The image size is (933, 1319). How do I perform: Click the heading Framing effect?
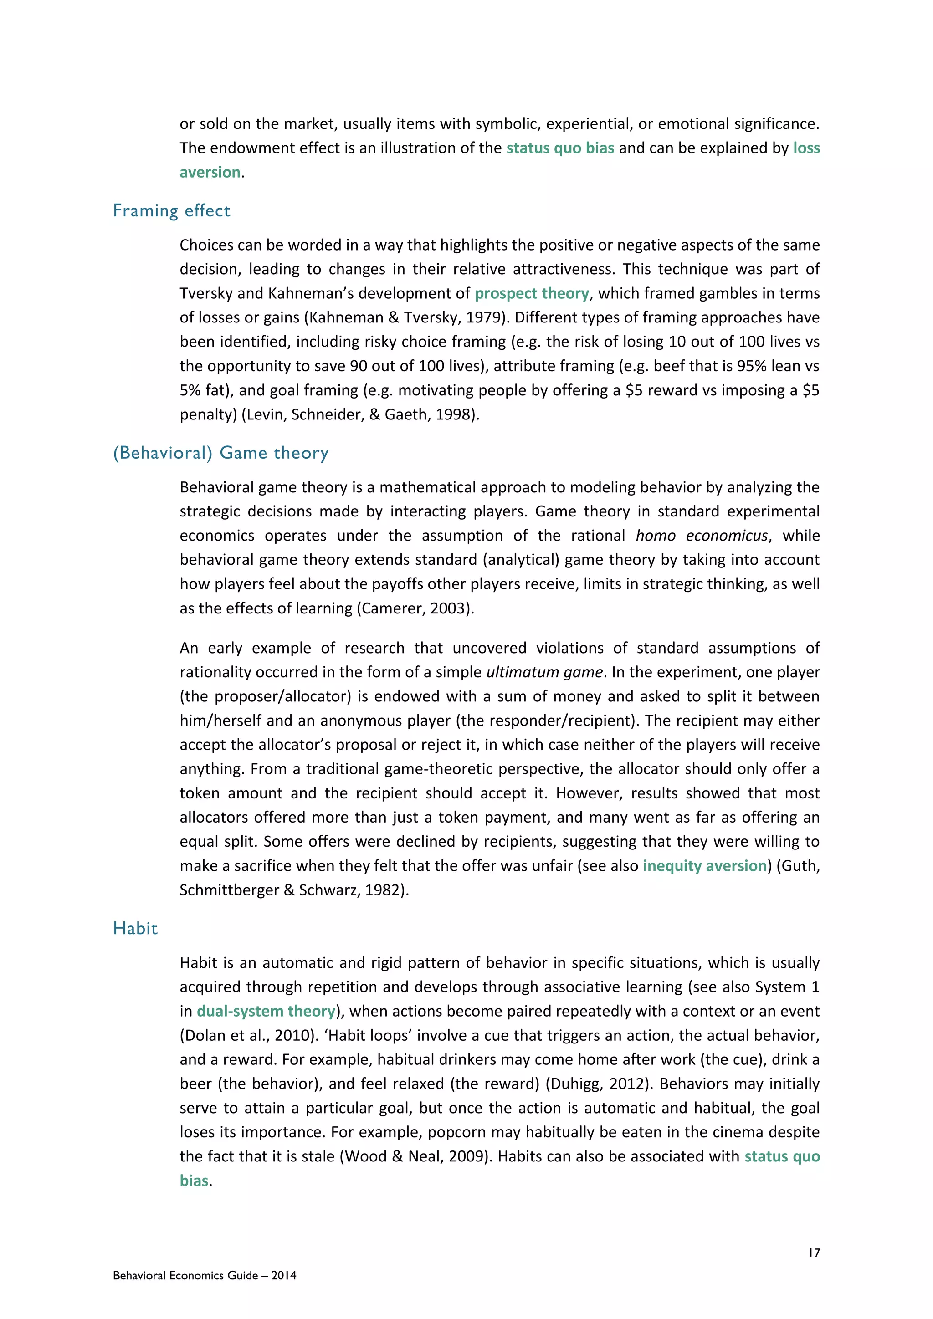pos(171,211)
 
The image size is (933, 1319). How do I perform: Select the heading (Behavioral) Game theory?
pos(220,453)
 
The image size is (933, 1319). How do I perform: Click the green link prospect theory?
pos(532,294)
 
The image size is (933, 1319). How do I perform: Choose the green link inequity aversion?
pos(704,866)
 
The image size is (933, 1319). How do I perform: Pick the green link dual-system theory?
pos(266,1011)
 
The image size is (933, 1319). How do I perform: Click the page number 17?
pos(814,1253)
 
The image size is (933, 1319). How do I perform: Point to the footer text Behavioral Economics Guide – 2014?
pos(205,1275)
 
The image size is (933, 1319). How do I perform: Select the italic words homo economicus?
pos(701,536)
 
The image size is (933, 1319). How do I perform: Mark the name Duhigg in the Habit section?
pos(574,1084)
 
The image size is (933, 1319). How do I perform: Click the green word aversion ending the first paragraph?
pos(210,172)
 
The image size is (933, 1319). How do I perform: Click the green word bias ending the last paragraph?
pos(194,1181)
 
